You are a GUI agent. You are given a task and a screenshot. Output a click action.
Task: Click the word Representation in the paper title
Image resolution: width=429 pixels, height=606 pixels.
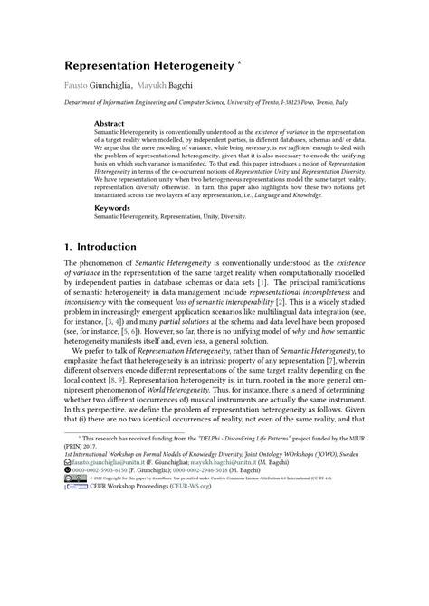[x=107, y=67]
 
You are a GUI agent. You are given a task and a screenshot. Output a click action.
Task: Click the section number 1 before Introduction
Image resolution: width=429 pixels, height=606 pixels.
[x=67, y=247]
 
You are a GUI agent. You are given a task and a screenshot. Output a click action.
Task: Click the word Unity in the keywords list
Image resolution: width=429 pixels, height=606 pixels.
[x=238, y=218]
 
